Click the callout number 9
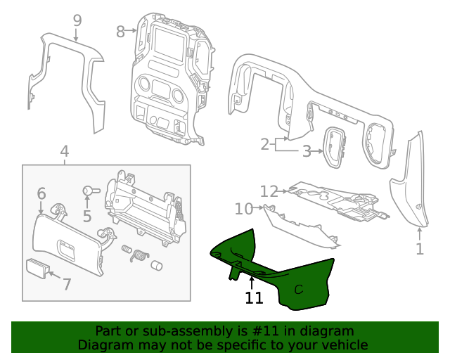tap(77, 20)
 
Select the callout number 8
tap(120, 31)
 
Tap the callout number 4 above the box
tap(64, 151)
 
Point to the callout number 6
tap(41, 193)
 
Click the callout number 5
tap(87, 216)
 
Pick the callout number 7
tap(67, 285)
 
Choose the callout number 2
tap(265, 145)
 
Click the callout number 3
tap(307, 150)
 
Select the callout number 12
tap(269, 191)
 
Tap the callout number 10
tap(243, 209)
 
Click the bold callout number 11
tap(254, 298)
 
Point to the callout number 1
tap(420, 249)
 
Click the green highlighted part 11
tap(295, 281)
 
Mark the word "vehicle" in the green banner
tap(342, 345)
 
